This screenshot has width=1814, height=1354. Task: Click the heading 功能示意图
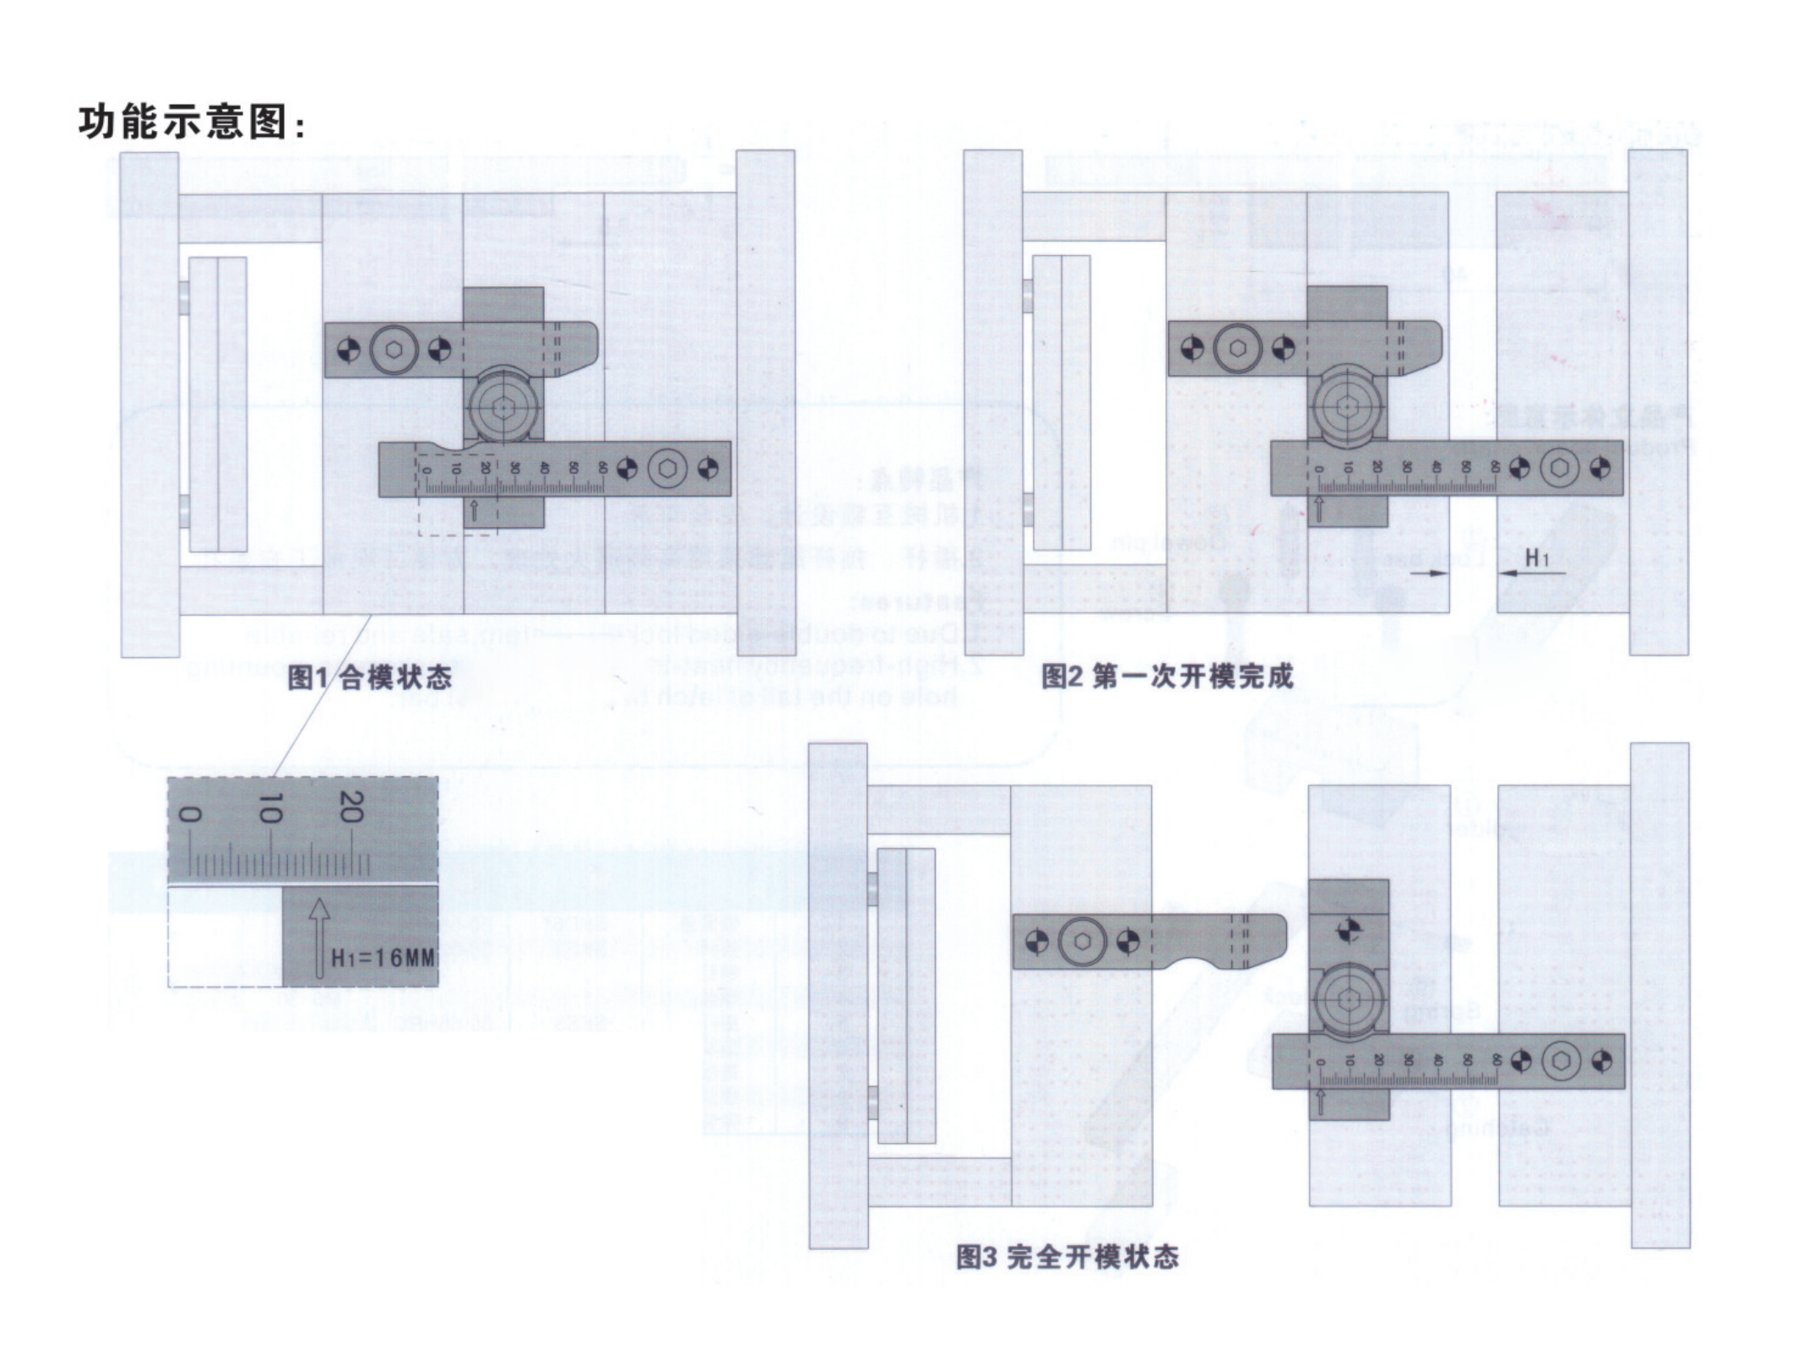(191, 122)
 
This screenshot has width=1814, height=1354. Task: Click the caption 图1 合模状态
(369, 677)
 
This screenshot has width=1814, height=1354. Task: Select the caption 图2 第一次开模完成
(1166, 676)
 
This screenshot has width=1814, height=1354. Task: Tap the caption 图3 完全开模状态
(1067, 1257)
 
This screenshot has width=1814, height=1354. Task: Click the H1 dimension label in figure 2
(1536, 557)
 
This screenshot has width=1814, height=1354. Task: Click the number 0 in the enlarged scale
(191, 813)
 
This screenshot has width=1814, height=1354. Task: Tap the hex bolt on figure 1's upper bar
(394, 349)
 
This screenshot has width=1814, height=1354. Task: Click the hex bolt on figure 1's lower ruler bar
(667, 468)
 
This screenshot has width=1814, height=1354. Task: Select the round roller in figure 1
(504, 409)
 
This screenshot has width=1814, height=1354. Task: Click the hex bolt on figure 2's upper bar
(1237, 348)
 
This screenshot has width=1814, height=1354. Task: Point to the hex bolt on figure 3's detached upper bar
(1084, 941)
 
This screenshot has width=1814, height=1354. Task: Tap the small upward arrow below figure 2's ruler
(1319, 508)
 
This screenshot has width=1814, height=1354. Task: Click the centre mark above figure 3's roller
(1349, 930)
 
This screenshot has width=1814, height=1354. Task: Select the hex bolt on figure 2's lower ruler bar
(1559, 468)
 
